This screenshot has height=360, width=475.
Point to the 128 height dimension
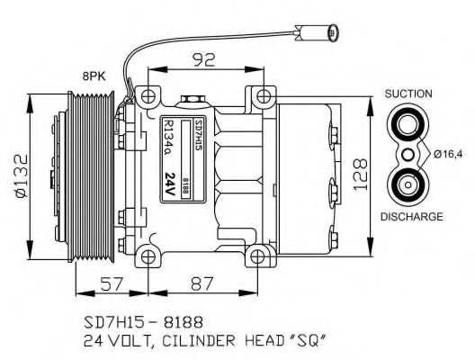[x=358, y=171]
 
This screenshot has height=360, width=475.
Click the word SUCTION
[x=408, y=94]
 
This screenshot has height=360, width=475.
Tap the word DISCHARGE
[x=409, y=217]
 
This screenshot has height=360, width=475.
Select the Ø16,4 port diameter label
[x=449, y=155]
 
